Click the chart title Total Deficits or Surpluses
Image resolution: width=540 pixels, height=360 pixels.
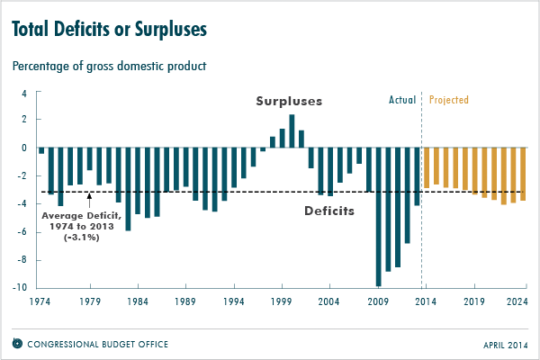coord(109,30)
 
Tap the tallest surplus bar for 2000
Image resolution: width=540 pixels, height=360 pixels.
coord(292,131)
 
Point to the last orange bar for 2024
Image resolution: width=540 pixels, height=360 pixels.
coord(523,174)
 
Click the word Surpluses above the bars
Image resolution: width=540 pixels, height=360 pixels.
coord(288,101)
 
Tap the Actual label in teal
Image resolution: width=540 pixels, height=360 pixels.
coord(401,100)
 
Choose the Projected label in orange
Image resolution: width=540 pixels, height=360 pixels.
coord(449,100)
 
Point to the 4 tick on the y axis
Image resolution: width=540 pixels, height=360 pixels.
coord(27,91)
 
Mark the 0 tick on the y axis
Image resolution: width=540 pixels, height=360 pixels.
coord(27,148)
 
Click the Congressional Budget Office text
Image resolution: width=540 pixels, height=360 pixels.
coord(96,344)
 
